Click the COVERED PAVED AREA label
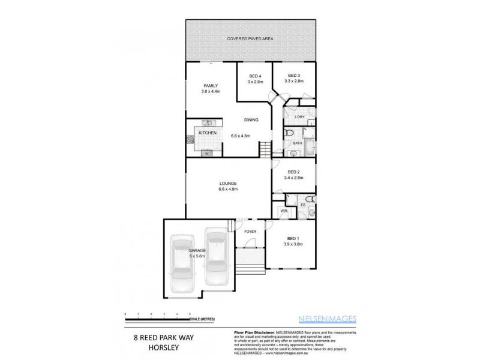click(251, 39)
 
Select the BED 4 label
click(256, 76)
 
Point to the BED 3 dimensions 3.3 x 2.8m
click(293, 82)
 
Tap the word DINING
click(251, 120)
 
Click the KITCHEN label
click(208, 133)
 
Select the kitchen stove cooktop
click(190, 142)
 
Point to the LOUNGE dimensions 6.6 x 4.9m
click(228, 190)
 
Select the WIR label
click(284, 211)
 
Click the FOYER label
click(250, 231)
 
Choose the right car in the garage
click(215, 257)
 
